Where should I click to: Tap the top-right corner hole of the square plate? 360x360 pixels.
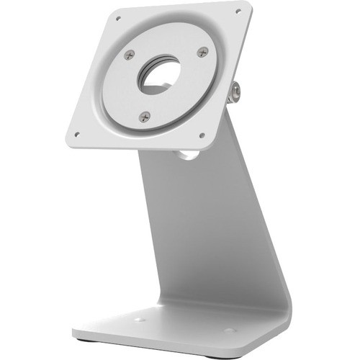(x=238, y=12)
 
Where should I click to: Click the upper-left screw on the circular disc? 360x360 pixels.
(x=129, y=55)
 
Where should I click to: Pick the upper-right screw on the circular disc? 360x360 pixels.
(x=202, y=52)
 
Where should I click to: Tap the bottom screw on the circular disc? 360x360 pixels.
(x=145, y=115)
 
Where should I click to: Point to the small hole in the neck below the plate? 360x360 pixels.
(x=186, y=153)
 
